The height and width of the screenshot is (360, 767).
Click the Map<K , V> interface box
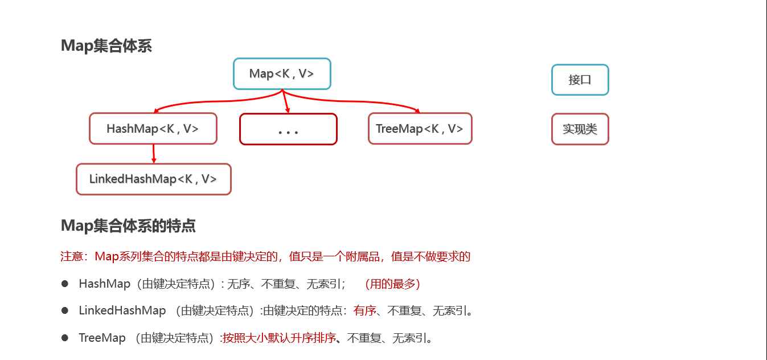coord(282,74)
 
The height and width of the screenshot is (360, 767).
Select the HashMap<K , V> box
coord(153,129)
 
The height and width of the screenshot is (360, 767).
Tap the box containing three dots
coord(288,129)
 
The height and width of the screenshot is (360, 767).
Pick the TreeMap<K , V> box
coord(420,129)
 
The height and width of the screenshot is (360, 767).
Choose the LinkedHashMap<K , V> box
coord(153,179)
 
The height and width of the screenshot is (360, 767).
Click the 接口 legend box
coord(580,80)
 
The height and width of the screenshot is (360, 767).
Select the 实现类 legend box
coord(580,129)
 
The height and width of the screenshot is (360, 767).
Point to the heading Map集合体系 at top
coord(106,46)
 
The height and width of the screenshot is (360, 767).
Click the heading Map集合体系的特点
coord(128,226)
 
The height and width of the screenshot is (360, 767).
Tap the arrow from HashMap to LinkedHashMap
coord(154,154)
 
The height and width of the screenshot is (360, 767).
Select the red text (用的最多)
coord(392,284)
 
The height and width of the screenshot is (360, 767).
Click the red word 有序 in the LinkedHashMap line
coord(364,311)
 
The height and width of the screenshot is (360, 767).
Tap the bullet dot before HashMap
coord(65,283)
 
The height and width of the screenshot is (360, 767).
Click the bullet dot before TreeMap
coord(65,338)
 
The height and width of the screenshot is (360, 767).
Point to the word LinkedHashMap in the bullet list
coord(122,311)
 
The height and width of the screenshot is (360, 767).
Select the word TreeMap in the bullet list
coord(102,338)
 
